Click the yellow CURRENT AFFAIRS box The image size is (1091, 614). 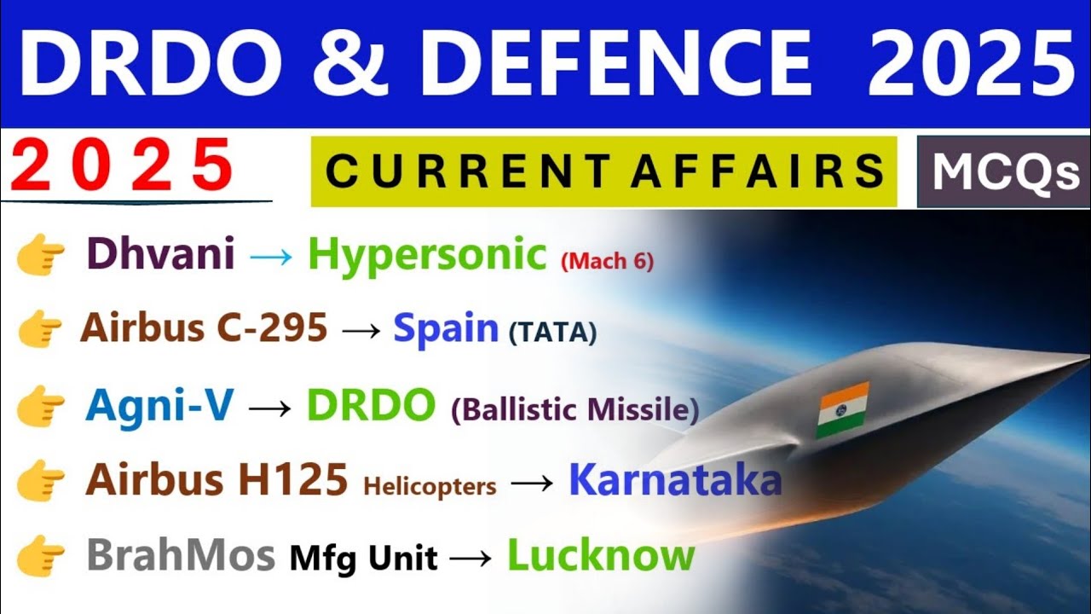click(603, 171)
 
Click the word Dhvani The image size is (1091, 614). click(160, 254)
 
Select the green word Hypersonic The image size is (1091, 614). click(426, 255)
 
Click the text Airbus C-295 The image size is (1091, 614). click(204, 327)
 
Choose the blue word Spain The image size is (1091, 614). click(446, 327)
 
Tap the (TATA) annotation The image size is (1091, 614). click(553, 333)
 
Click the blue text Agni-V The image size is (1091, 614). click(159, 406)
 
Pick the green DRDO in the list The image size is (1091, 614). click(371, 407)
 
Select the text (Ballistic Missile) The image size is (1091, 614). click(575, 410)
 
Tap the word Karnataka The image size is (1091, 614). click(675, 480)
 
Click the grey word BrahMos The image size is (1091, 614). click(181, 556)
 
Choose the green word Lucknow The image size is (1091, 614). click(601, 556)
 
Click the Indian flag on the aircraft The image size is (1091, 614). click(842, 410)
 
